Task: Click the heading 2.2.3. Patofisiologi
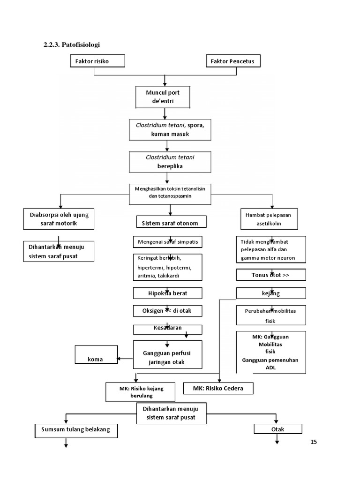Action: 72,45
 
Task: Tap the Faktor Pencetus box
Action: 233,61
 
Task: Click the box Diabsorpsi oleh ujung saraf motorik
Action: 59,219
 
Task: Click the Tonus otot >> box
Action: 271,275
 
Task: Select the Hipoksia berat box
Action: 168,293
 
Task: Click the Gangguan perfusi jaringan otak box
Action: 167,354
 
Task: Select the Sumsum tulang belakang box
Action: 75,429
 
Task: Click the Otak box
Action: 278,429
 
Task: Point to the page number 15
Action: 314,442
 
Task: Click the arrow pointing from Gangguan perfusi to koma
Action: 125,359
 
